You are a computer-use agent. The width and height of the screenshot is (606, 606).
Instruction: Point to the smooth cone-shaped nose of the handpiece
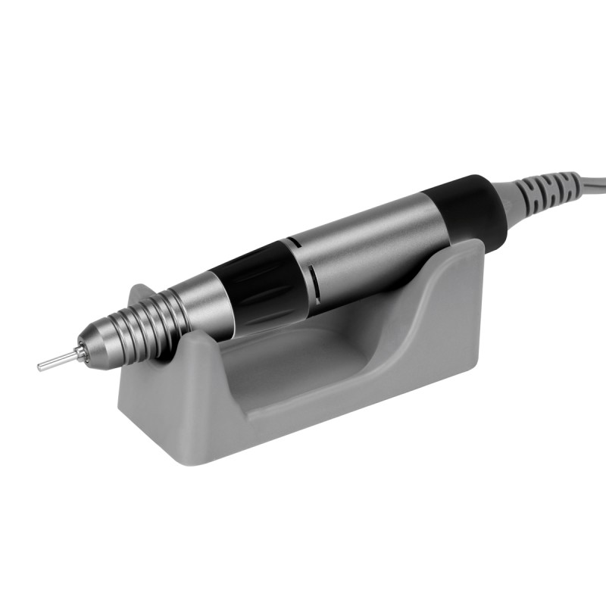coord(106,341)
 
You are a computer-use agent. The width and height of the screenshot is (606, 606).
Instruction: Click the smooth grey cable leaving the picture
coord(591,182)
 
